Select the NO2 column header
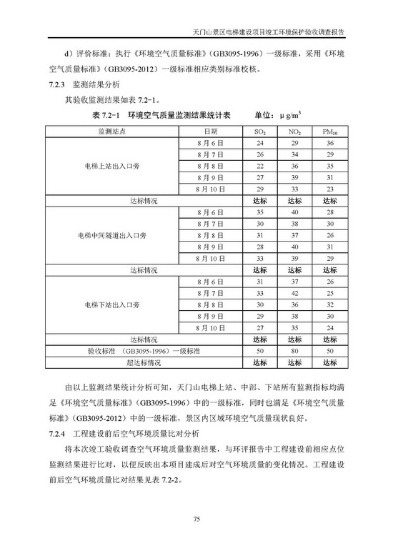pyautogui.click(x=294, y=132)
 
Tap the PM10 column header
pyautogui.click(x=329, y=132)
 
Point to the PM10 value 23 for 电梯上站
pyautogui.click(x=329, y=189)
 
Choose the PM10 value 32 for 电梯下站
pyautogui.click(x=329, y=304)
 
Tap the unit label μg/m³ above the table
pyautogui.click(x=294, y=114)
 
